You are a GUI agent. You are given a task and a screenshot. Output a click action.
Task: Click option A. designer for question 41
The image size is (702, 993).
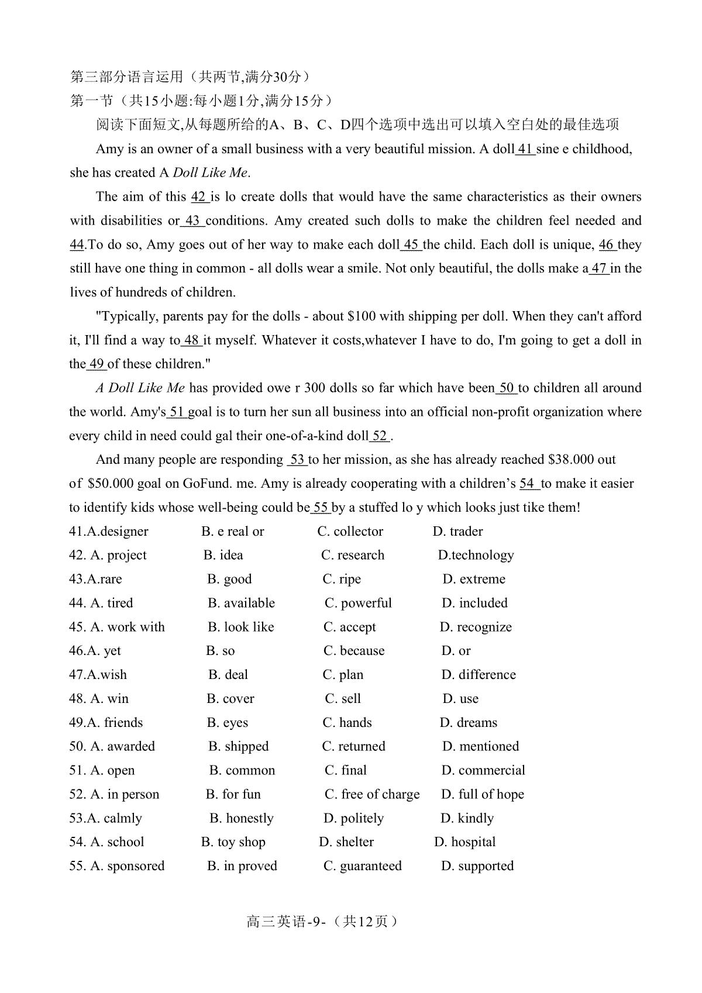point(116,532)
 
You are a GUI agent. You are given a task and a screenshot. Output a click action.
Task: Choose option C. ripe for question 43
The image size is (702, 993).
point(342,580)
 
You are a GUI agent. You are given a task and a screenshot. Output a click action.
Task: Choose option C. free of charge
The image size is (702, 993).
point(372,795)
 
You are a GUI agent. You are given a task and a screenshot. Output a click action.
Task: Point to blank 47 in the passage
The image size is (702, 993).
point(599,269)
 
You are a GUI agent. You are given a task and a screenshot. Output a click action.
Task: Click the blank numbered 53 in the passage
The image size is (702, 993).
point(297,460)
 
